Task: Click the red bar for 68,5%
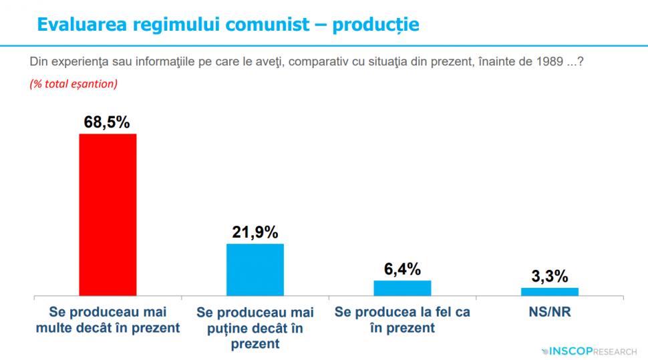tap(108, 214)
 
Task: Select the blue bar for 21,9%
tap(255, 269)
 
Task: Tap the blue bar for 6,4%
tap(402, 288)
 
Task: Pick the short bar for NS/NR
tap(549, 291)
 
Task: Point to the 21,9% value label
tap(255, 232)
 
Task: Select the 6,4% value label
tap(402, 269)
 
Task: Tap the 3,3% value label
tap(550, 277)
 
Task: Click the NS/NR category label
tap(550, 312)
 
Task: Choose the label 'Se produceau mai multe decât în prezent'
tap(108, 320)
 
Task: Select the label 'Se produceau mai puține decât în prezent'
tap(255, 328)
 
